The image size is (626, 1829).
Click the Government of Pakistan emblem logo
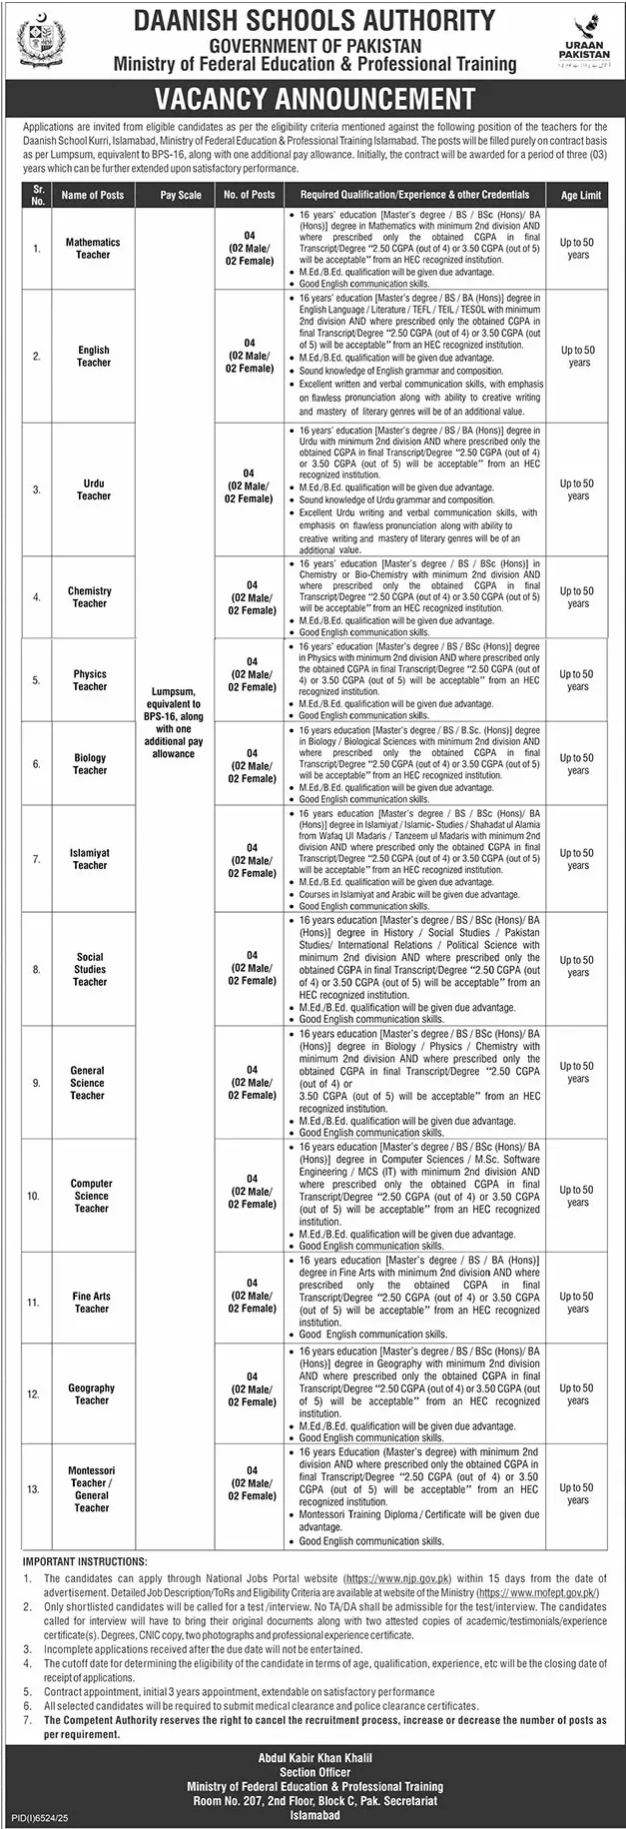(37, 41)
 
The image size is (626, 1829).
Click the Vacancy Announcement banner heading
(313, 99)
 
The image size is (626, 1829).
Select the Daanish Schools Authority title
(314, 19)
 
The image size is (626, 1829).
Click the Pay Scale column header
(180, 196)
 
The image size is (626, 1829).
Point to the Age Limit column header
(581, 196)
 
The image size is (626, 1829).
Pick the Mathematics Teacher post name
(93, 249)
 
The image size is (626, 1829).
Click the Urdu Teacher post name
(93, 489)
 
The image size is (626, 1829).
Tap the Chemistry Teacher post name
(90, 597)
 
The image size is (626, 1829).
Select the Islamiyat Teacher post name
(90, 859)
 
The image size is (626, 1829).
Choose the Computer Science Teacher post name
(91, 1196)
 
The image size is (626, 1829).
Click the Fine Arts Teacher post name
(91, 1302)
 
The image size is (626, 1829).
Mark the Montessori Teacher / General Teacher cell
(91, 1488)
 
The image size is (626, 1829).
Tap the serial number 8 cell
(36, 969)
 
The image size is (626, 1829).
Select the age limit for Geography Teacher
(578, 1394)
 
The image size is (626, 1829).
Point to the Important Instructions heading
(86, 1561)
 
